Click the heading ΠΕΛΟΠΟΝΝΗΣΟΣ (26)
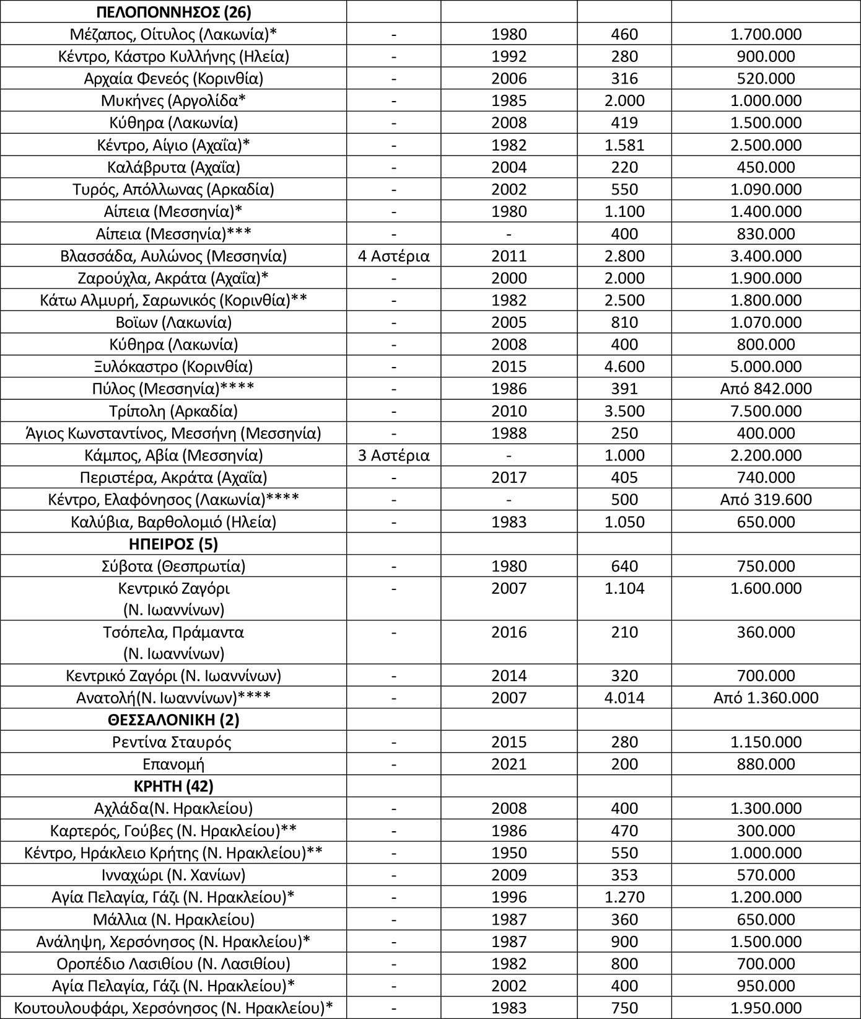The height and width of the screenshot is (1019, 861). pyautogui.click(x=173, y=12)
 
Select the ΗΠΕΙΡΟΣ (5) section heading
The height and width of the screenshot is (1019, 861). pyautogui.click(x=173, y=544)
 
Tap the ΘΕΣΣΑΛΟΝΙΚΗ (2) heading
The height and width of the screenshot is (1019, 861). pyautogui.click(x=173, y=720)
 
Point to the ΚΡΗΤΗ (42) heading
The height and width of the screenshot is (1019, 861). pyautogui.click(x=173, y=787)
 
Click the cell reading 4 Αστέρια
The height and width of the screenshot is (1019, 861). pyautogui.click(x=394, y=256)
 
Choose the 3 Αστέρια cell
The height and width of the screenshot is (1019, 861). pyautogui.click(x=394, y=456)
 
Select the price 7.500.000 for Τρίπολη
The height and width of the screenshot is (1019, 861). pyautogui.click(x=766, y=412)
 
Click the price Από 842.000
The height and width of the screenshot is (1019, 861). pyautogui.click(x=766, y=389)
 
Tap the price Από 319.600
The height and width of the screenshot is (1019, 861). pyautogui.click(x=766, y=500)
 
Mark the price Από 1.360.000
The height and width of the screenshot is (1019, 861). pyautogui.click(x=766, y=698)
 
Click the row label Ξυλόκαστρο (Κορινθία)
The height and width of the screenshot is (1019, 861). pyautogui.click(x=173, y=367)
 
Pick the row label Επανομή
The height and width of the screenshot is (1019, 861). pyautogui.click(x=173, y=764)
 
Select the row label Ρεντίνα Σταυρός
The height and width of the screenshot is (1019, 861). pyautogui.click(x=173, y=742)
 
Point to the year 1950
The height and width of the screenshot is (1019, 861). pyautogui.click(x=509, y=853)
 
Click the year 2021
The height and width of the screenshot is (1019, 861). pyautogui.click(x=509, y=764)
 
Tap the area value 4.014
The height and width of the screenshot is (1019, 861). pyautogui.click(x=624, y=698)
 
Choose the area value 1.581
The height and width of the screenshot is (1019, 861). pyautogui.click(x=624, y=145)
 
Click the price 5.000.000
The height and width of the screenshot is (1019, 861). pyautogui.click(x=766, y=367)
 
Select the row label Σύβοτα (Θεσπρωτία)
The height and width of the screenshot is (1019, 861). pyautogui.click(x=173, y=567)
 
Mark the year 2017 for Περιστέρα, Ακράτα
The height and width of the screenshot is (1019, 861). pyautogui.click(x=509, y=478)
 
